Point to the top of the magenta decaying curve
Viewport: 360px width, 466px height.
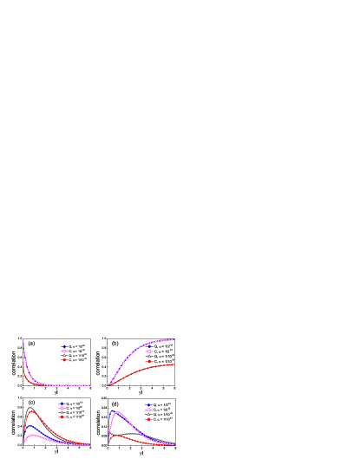(x=23, y=339)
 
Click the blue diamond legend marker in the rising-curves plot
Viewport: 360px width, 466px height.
(x=149, y=345)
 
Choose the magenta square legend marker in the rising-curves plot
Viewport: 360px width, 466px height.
(x=149, y=351)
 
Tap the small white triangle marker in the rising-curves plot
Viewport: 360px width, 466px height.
(x=149, y=356)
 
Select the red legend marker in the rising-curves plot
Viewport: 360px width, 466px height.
(x=149, y=361)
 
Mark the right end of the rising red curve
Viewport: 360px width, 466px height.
(x=173, y=364)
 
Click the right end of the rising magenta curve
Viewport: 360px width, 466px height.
(x=173, y=340)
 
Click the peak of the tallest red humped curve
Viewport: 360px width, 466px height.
(x=32, y=410)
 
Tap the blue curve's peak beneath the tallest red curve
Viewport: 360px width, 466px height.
(x=31, y=426)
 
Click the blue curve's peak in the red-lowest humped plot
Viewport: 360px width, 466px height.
(x=114, y=411)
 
